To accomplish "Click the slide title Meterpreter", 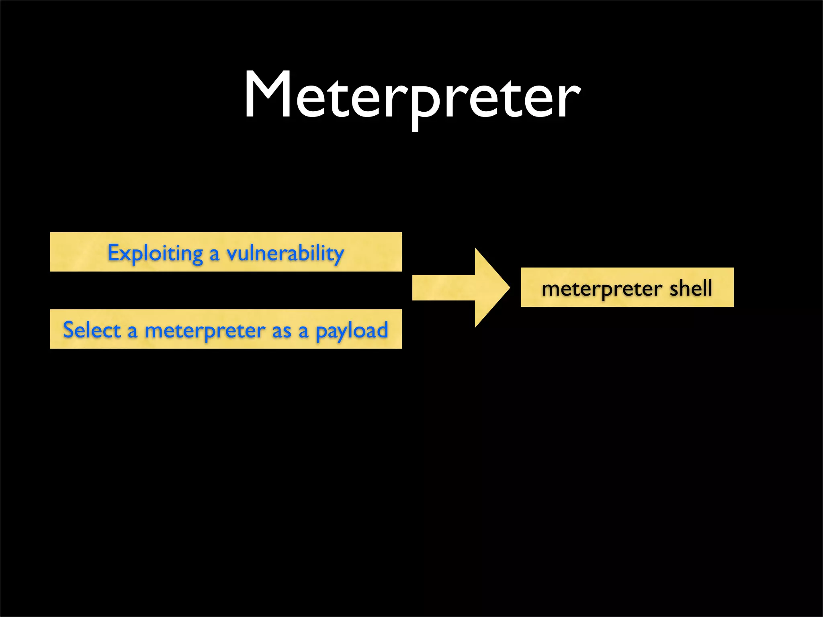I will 412,96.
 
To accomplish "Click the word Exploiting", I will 155,253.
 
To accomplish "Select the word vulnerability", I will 285,253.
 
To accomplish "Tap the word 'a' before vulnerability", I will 214,255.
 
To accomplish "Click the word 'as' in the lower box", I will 281,332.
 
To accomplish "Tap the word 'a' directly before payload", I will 303,332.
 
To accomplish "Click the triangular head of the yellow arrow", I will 490,288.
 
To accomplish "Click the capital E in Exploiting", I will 113,253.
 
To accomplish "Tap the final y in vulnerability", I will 338,256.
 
